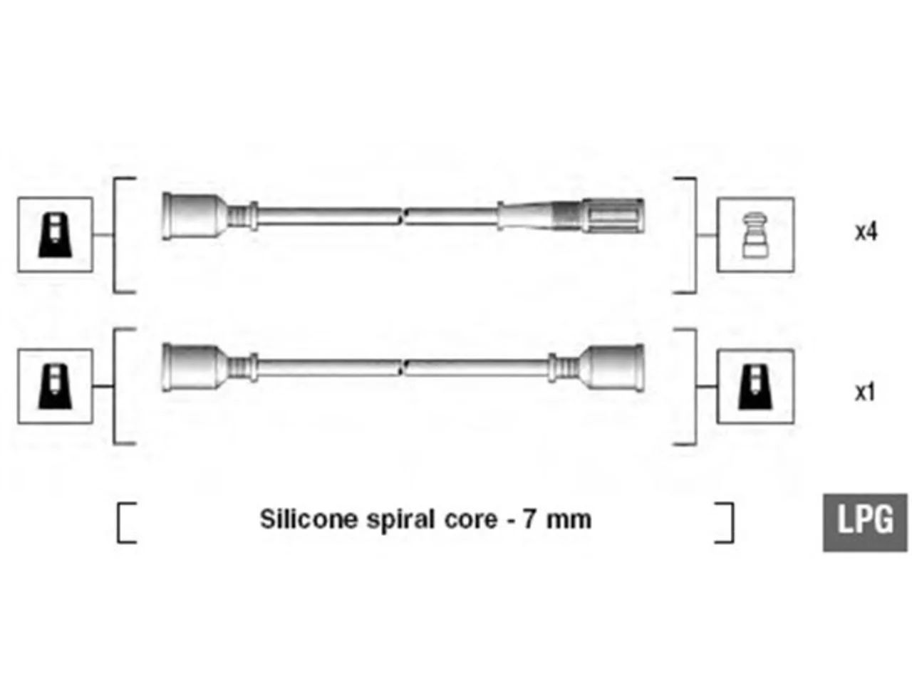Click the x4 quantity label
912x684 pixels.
point(866,232)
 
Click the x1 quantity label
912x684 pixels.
point(865,392)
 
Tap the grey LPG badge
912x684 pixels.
point(865,522)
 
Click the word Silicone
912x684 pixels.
point(309,519)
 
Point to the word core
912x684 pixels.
point(470,521)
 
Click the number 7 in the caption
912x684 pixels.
point(529,519)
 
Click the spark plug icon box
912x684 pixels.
point(755,234)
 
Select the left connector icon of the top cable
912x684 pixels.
point(55,234)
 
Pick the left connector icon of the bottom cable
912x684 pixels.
point(55,386)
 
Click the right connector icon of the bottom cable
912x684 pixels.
point(755,386)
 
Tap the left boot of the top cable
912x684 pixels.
point(195,216)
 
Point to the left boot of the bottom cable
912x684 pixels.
point(195,368)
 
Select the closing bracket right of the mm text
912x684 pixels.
point(732,522)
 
